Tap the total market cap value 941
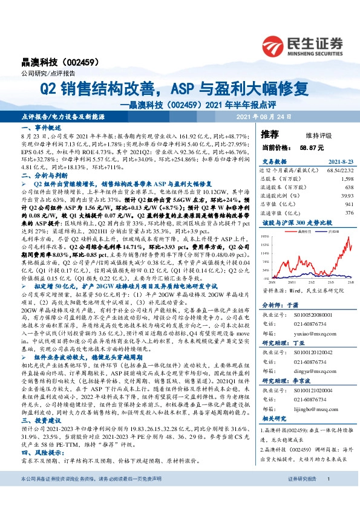click(x=332, y=204)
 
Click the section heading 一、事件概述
click(x=41, y=129)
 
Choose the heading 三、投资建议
click(x=41, y=420)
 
